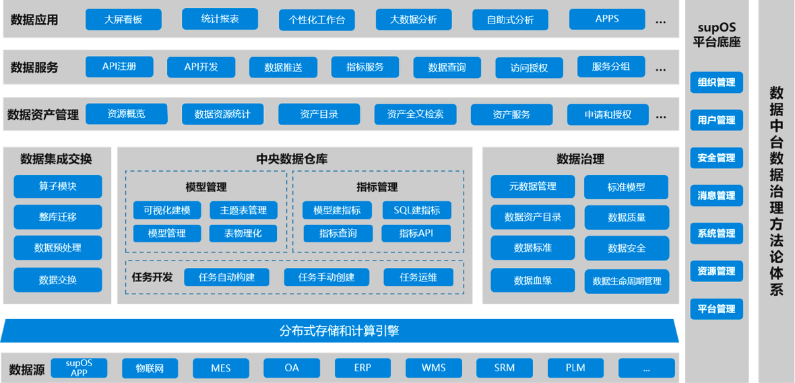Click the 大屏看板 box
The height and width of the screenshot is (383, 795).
[x=123, y=19]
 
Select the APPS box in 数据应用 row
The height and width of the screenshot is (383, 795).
[x=607, y=19]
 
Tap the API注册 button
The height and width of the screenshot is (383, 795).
[x=119, y=67]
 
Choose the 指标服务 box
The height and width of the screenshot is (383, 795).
[x=364, y=67]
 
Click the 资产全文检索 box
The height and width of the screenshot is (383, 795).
[x=415, y=114]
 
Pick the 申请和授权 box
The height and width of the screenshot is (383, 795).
[x=608, y=114]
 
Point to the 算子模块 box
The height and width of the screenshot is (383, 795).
[x=58, y=186]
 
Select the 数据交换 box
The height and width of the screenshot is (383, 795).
[x=58, y=279]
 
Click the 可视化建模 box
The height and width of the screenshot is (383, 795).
[x=167, y=210]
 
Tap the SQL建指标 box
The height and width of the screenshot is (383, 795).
[x=416, y=210]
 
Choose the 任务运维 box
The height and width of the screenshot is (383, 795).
[x=418, y=277]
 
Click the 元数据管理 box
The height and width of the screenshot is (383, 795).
[x=532, y=186]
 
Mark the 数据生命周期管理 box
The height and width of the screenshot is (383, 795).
[x=627, y=281]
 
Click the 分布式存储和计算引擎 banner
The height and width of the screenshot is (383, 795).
[x=339, y=330]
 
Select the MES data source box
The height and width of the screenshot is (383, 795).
[x=220, y=368]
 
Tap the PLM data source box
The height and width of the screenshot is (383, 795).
[x=575, y=368]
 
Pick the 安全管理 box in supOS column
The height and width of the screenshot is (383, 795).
[x=716, y=158]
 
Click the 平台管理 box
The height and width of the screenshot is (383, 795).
[x=716, y=308]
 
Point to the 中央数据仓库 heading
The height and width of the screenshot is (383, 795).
[x=292, y=159]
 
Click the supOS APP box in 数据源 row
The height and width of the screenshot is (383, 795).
[x=79, y=368]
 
